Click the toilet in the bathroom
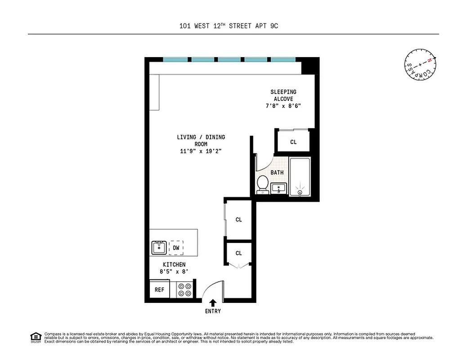[263, 184]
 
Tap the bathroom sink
[279, 188]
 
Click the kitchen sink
[159, 247]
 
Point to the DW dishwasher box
[176, 247]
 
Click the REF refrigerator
[160, 289]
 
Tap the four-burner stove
[184, 289]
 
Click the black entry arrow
[213, 303]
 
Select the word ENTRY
[213, 311]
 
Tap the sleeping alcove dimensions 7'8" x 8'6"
[283, 106]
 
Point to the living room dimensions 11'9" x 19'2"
[201, 152]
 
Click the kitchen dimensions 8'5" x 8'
[174, 271]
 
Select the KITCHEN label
[174, 265]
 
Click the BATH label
[277, 172]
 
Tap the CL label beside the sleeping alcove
[293, 142]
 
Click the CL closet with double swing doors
[238, 253]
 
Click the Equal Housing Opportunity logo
[35, 337]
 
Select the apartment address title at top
[229, 26]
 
